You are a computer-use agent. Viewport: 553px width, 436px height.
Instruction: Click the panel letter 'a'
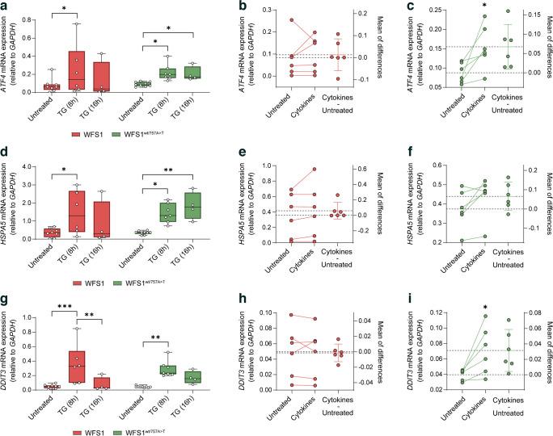tap(5, 6)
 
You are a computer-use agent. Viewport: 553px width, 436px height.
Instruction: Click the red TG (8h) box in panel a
tap(78, 70)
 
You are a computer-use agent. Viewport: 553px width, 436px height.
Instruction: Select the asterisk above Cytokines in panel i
tap(484, 308)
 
